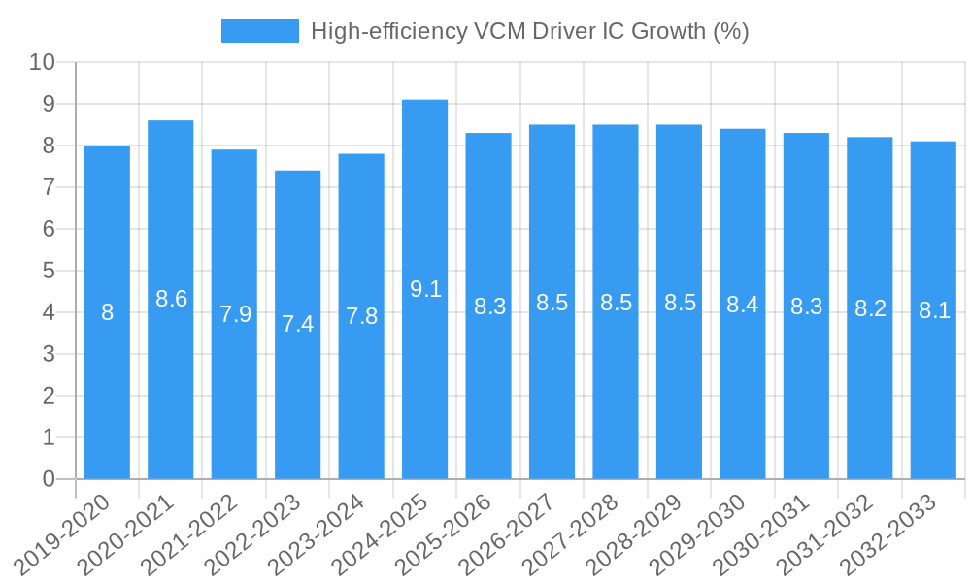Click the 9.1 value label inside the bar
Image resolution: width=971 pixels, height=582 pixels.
(425, 288)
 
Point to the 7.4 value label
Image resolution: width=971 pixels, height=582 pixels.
(298, 324)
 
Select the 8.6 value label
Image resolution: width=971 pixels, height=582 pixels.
(171, 299)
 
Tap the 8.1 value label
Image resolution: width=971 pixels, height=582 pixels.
(933, 310)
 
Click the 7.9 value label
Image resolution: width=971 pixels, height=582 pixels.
(235, 314)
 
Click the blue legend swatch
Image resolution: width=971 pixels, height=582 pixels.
(259, 31)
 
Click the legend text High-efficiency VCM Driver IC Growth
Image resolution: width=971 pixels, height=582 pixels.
(529, 31)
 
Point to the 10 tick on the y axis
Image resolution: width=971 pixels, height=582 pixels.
(42, 62)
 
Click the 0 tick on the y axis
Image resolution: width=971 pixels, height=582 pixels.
(49, 479)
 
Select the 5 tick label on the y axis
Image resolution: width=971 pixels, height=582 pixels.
(49, 271)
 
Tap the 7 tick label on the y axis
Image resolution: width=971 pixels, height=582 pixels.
(49, 187)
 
